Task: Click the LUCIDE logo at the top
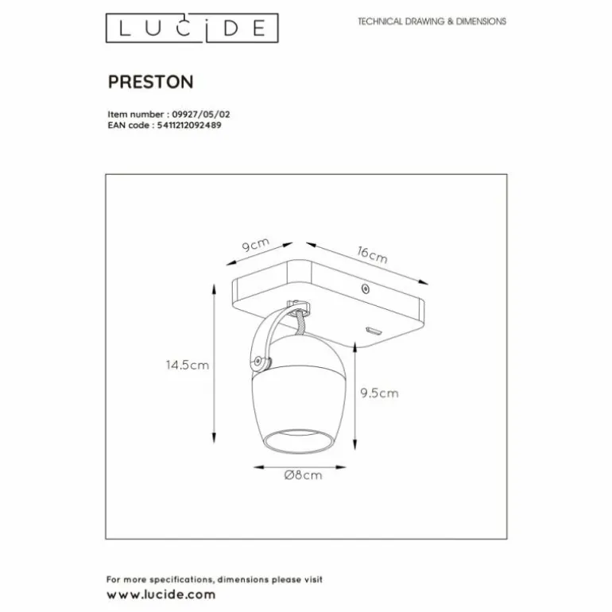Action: pos(193,29)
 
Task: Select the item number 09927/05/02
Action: pos(202,114)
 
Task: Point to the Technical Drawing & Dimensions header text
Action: pos(432,22)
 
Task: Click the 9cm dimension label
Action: pos(256,246)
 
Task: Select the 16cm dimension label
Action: pos(372,255)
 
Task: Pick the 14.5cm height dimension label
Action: pos(187,366)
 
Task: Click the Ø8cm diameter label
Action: pos(304,476)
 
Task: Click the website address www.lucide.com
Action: pos(161,594)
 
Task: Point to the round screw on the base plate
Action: pos(365,290)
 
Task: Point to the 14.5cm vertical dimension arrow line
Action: pos(214,365)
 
